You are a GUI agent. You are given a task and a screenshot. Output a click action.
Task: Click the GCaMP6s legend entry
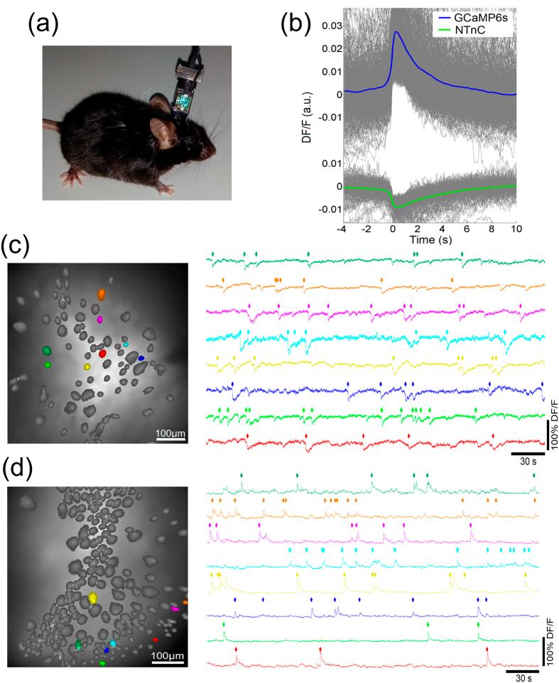pyautogui.click(x=483, y=15)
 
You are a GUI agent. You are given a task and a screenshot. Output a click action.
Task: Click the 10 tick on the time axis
pyautogui.click(x=516, y=230)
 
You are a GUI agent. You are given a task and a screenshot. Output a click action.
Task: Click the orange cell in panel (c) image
pyautogui.click(x=102, y=293)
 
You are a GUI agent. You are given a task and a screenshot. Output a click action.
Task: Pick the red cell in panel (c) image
pyautogui.click(x=102, y=353)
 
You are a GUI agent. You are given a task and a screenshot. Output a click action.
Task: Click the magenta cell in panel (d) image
pyautogui.click(x=174, y=608)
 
